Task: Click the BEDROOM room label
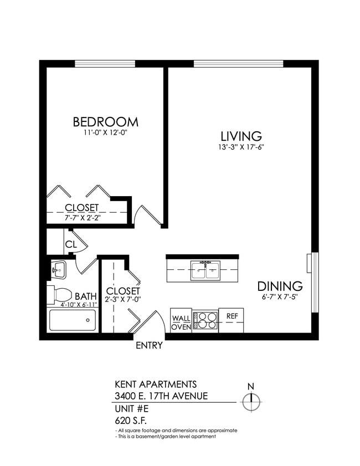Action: pos(105,121)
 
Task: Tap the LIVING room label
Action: pos(241,136)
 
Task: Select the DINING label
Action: pos(280,286)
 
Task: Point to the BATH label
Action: pos(86,296)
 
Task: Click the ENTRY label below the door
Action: pos(149,346)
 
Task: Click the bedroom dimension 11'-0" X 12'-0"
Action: pos(105,133)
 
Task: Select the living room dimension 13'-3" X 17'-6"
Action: pos(241,147)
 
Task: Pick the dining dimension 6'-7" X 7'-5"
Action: pos(280,298)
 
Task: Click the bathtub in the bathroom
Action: pos(72,320)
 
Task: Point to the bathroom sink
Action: pos(58,270)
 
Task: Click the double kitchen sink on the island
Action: pos(205,270)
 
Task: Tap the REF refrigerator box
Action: pos(232,316)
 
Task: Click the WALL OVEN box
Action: pos(181,322)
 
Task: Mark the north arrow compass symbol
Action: pos(251,400)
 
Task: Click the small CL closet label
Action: pos(70,244)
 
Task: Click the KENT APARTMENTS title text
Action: pos(155,384)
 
